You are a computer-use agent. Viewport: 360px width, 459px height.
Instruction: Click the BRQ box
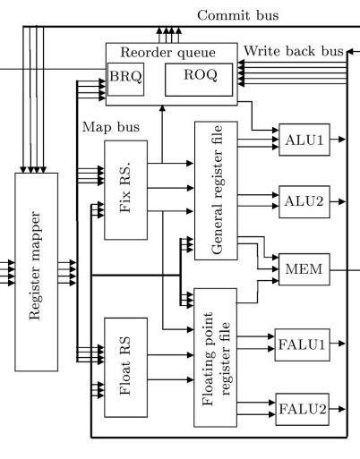[125, 80]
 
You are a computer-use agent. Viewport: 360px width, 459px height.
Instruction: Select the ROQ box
[199, 80]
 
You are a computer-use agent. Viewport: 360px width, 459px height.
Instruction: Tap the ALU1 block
[304, 140]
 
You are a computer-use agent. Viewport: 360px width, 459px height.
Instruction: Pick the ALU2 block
[304, 202]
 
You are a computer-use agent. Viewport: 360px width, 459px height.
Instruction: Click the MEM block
[304, 269]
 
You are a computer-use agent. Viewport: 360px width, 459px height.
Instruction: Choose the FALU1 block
[302, 344]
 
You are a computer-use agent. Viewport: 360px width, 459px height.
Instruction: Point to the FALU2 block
[302, 409]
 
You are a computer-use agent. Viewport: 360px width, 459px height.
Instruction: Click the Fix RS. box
[125, 190]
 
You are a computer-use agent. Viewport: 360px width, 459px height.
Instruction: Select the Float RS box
[125, 367]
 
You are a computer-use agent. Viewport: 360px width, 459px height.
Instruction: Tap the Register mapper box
[36, 272]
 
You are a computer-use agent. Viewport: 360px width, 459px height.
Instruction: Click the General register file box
[216, 191]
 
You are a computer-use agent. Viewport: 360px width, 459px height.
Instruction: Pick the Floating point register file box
[216, 358]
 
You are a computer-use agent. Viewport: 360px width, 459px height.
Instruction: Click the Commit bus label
[238, 15]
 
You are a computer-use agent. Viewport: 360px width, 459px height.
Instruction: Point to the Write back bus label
[294, 51]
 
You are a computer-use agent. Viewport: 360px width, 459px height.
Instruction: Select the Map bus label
[111, 127]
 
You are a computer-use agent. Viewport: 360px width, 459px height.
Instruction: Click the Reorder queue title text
[167, 53]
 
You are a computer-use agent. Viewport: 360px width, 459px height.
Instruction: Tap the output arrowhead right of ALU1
[342, 140]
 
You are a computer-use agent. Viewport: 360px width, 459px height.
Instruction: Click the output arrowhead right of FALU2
[342, 409]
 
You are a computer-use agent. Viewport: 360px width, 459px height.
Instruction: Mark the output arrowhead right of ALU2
[342, 202]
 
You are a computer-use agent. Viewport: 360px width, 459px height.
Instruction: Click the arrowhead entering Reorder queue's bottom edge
[162, 108]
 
